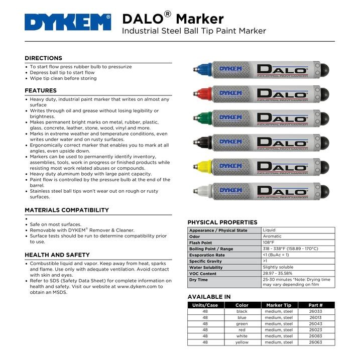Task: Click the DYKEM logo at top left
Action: pos(67,23)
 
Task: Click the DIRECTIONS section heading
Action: pos(44,58)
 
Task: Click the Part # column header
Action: pos(316,305)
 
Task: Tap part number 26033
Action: pos(316,311)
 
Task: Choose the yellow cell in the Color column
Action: pos(242,342)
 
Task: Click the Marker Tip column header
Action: pos(279,305)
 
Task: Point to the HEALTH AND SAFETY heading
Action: pos(57,255)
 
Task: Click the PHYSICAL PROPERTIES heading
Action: pos(222,222)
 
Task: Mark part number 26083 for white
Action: pos(316,336)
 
